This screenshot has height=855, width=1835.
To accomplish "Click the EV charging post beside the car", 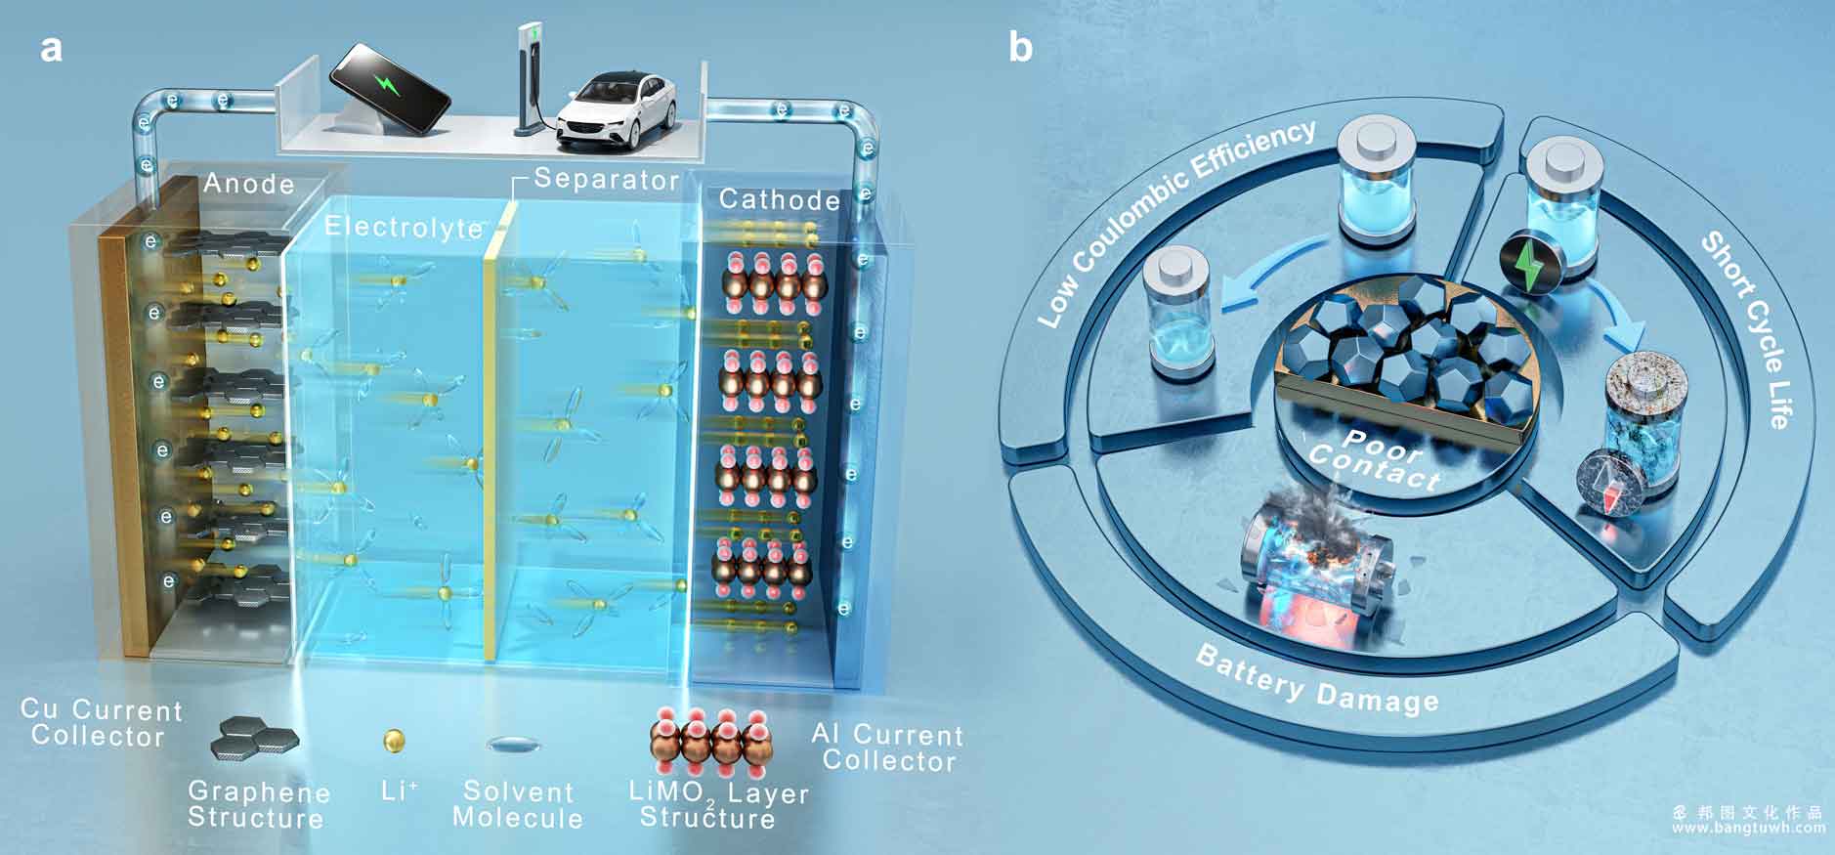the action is [x=531, y=78].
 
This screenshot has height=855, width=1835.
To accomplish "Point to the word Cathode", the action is [x=780, y=199].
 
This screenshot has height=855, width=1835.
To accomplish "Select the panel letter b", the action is [x=1020, y=46].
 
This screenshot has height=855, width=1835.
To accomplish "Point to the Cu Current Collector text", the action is [x=101, y=723].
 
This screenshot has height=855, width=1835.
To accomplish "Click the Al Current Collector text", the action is [x=887, y=748].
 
